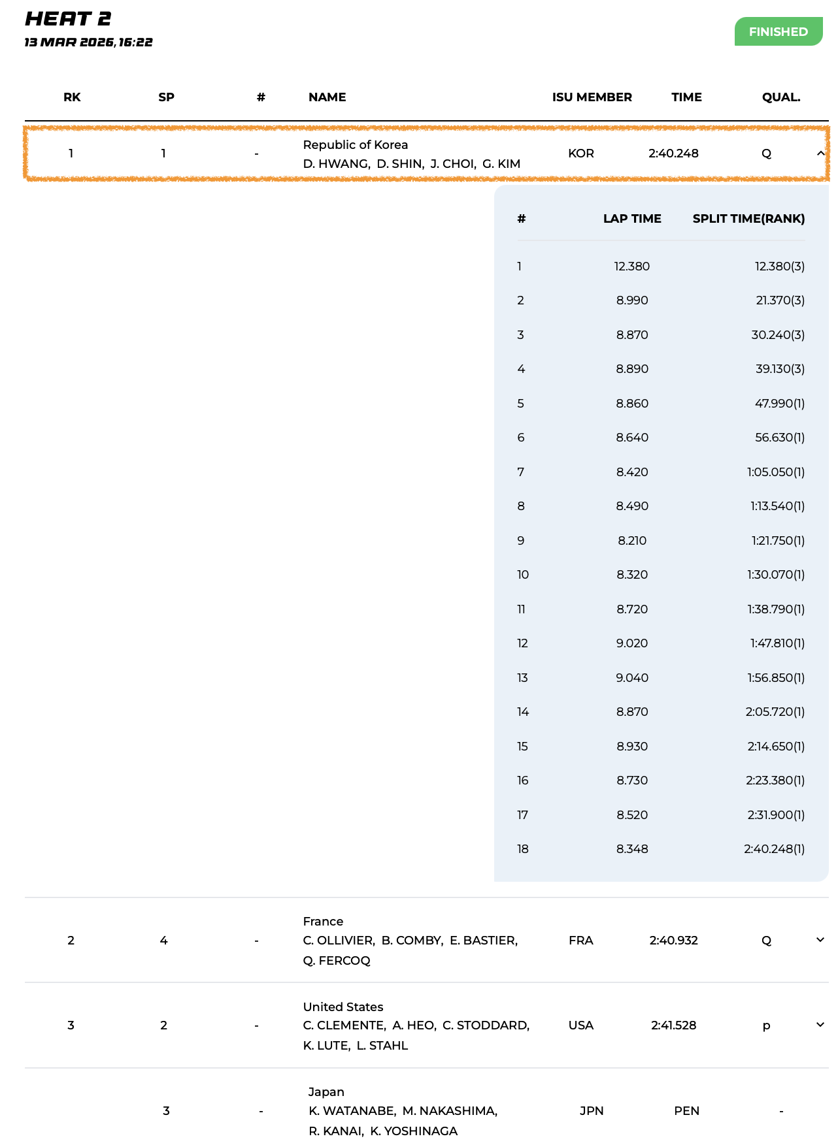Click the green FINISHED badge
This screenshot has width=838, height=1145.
778,31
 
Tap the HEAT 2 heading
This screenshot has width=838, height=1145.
68,19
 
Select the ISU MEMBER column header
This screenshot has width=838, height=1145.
592,97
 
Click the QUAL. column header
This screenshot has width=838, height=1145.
780,97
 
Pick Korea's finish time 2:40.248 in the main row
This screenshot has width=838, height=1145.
673,153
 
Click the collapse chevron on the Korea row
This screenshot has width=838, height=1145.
820,153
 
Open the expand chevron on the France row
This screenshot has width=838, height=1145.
820,940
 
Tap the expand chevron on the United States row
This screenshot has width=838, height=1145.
820,1025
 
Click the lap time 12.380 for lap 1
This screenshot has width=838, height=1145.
631,266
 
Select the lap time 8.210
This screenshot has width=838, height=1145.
631,541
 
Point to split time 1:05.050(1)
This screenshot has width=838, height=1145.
776,472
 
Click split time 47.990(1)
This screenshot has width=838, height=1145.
779,404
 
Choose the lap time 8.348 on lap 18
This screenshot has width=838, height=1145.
631,849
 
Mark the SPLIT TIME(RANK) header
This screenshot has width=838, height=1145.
748,219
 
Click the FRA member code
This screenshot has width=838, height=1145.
580,941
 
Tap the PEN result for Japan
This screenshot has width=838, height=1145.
686,1111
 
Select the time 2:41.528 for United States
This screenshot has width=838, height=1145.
673,1025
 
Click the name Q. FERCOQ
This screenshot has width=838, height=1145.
337,961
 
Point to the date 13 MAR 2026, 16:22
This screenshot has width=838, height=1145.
88,42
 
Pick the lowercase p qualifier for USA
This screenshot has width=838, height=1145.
766,1026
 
